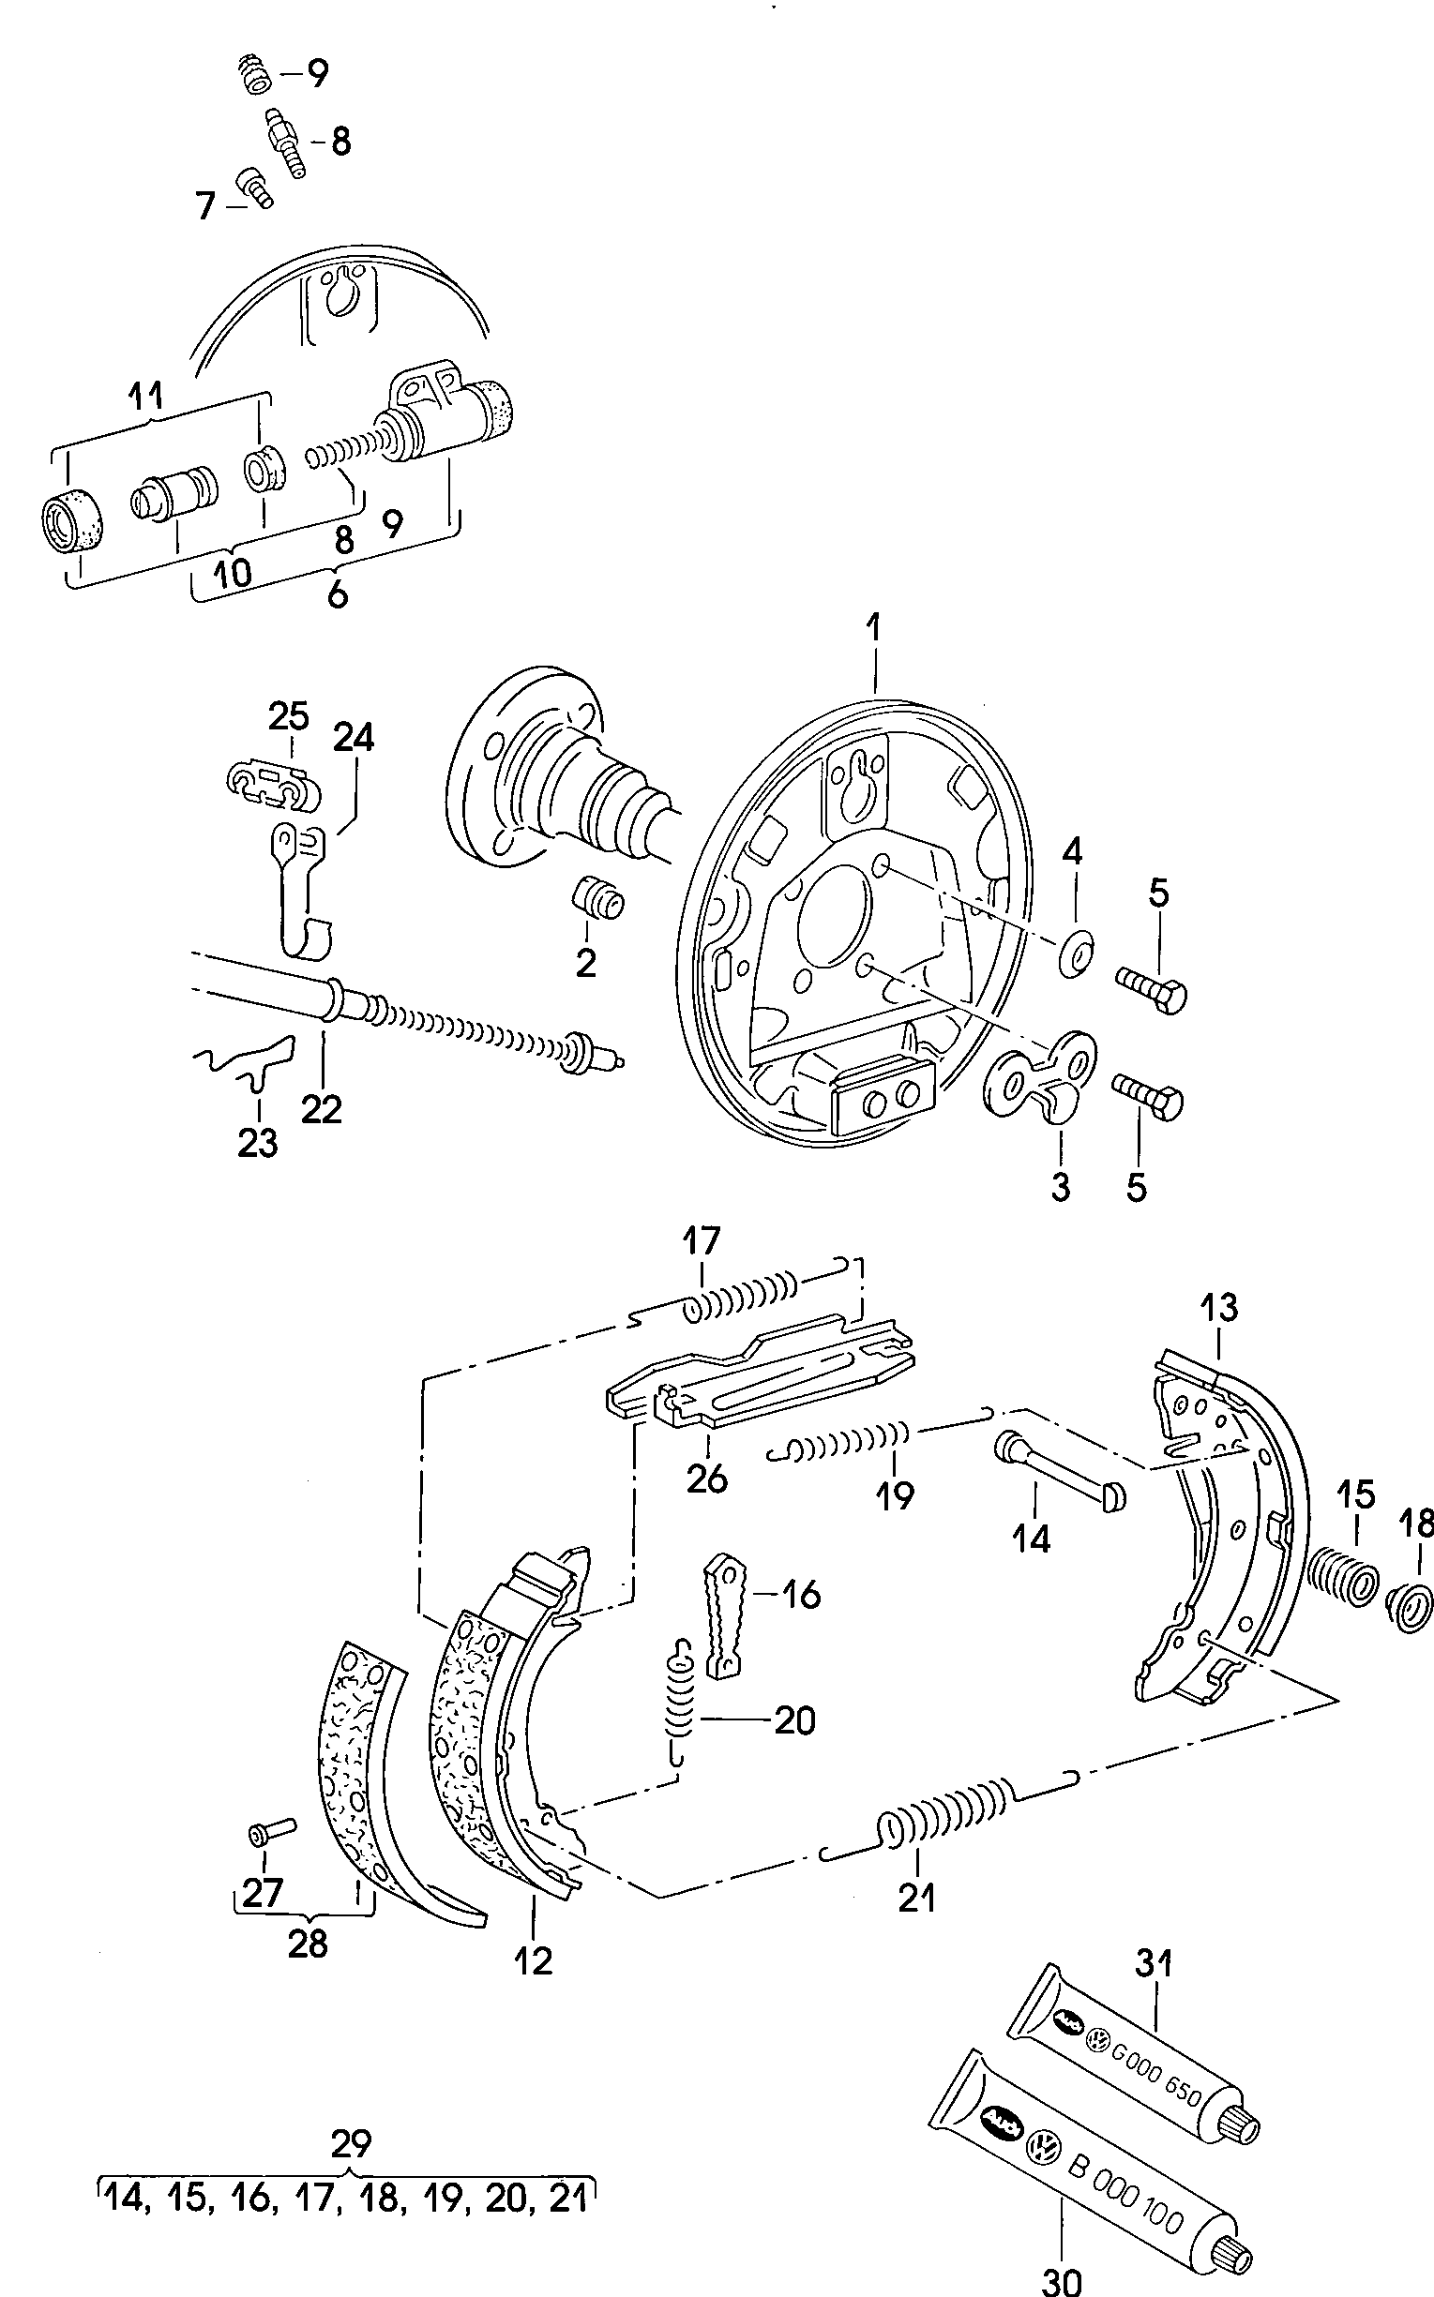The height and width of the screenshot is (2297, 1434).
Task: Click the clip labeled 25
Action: pyautogui.click(x=273, y=784)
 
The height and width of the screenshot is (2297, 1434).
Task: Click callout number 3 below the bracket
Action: pyautogui.click(x=1061, y=1185)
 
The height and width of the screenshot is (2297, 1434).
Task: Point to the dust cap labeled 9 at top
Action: pyautogui.click(x=253, y=73)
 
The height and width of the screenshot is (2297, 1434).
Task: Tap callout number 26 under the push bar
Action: pyautogui.click(x=706, y=1478)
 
